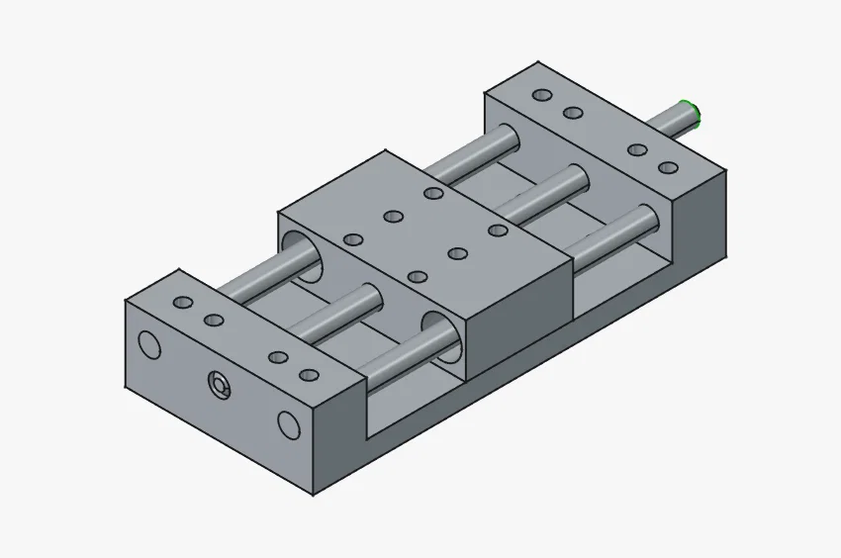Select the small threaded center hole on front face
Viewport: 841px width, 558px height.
click(219, 385)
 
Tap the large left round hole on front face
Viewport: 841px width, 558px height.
click(149, 344)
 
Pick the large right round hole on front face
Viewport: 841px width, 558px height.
click(288, 424)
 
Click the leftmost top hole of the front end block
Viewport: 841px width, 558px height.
click(183, 302)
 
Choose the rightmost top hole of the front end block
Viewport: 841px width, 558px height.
click(310, 375)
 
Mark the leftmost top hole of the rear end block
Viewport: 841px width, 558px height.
click(541, 95)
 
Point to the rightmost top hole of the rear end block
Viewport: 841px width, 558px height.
click(669, 167)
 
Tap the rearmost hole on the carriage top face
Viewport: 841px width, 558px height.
click(432, 193)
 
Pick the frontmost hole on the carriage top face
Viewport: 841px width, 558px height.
click(418, 277)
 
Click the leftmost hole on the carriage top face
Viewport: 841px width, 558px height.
click(352, 239)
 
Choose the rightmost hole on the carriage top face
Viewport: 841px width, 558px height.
click(498, 231)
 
